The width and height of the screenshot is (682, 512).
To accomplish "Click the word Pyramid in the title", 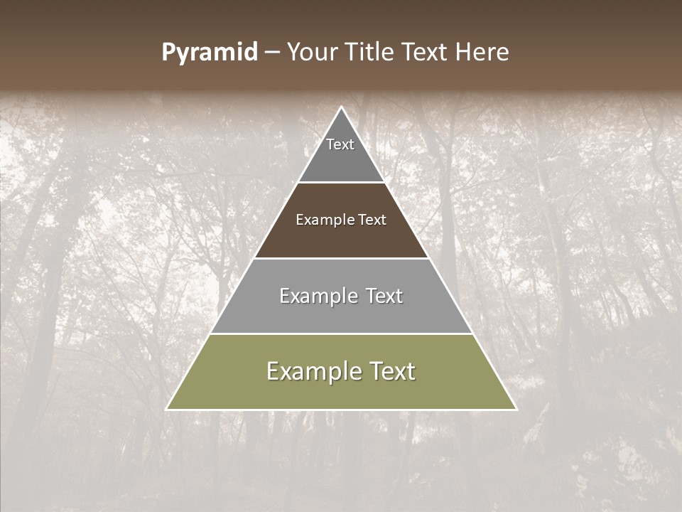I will (x=209, y=53).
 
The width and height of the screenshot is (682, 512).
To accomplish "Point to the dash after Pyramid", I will (x=271, y=53).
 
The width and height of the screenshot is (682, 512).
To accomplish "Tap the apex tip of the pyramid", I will (x=341, y=109).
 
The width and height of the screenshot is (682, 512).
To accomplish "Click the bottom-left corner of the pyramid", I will (x=168, y=409).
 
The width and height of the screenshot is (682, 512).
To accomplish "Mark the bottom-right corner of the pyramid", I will (x=515, y=409).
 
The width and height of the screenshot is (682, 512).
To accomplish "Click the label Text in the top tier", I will (x=340, y=144).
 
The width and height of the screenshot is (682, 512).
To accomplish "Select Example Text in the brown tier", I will (x=341, y=220).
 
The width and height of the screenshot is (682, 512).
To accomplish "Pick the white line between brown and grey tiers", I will (x=341, y=258).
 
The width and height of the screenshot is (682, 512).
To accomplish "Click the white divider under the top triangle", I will (x=341, y=183).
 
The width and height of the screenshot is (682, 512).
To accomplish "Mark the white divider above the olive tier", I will (x=341, y=334).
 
